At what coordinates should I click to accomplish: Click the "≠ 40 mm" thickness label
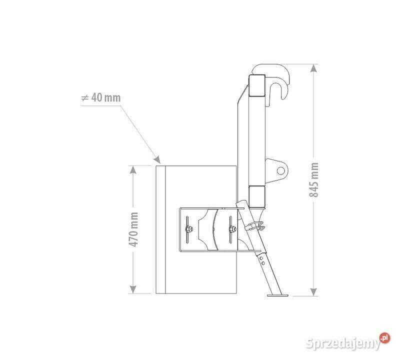click(100, 97)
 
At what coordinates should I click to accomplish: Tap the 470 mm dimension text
click(133, 229)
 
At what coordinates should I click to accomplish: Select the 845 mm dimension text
click(314, 179)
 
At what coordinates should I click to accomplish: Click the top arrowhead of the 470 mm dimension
click(133, 170)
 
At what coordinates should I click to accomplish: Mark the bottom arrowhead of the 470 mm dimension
click(133, 289)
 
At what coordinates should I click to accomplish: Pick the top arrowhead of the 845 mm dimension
click(314, 68)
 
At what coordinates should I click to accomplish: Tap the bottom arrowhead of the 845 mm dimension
click(314, 292)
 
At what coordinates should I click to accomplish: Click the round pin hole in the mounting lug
click(280, 170)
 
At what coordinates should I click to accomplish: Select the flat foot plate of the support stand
click(277, 295)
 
